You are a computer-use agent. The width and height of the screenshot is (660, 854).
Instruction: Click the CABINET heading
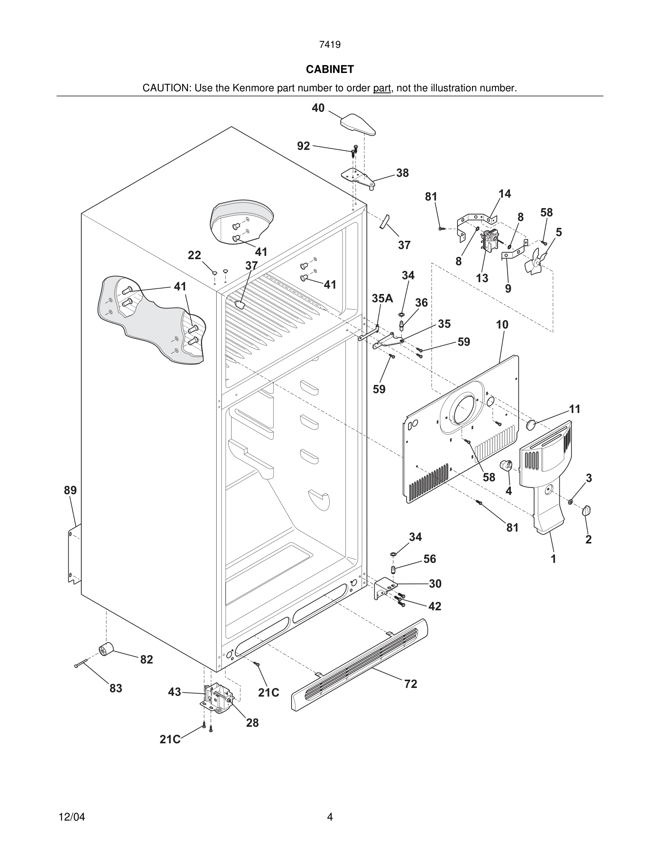tap(330, 69)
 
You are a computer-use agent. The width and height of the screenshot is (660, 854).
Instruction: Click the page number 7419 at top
tap(330, 45)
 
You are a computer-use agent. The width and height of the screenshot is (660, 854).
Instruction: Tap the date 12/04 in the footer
tap(72, 817)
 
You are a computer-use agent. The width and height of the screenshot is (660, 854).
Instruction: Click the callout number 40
tap(318, 108)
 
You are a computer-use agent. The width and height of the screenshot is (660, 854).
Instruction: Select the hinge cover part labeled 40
tap(358, 124)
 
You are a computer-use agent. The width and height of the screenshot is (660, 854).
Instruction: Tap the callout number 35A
tap(382, 298)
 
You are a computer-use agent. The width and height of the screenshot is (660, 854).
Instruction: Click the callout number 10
tap(502, 325)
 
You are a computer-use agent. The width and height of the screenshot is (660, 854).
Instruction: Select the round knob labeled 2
tap(586, 510)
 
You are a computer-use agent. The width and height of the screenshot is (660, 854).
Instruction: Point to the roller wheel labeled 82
tap(106, 649)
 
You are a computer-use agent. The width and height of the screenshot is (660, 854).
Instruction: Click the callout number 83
tap(116, 688)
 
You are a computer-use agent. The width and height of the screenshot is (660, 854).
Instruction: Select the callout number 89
tap(70, 490)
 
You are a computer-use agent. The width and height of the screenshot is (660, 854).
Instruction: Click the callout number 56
tap(429, 559)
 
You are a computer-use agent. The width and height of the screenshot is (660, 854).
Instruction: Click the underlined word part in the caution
tap(382, 88)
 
